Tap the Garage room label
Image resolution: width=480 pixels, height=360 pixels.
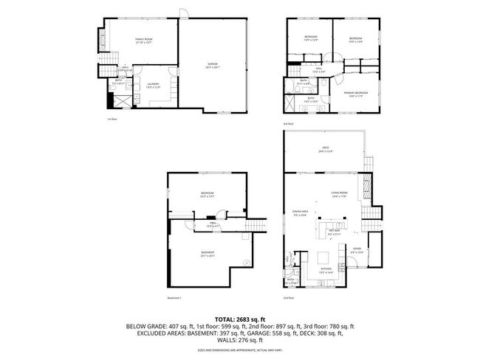point(213,66)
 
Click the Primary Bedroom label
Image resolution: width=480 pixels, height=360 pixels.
point(356,93)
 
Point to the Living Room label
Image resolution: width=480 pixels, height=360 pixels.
point(340,194)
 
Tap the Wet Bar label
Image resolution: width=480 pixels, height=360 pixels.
point(335,231)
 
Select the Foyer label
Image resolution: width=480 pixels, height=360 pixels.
point(356,251)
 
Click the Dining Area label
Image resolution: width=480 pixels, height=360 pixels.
point(299,214)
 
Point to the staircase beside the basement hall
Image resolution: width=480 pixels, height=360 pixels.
point(254,226)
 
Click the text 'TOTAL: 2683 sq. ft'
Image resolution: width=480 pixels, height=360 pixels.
point(240,317)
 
